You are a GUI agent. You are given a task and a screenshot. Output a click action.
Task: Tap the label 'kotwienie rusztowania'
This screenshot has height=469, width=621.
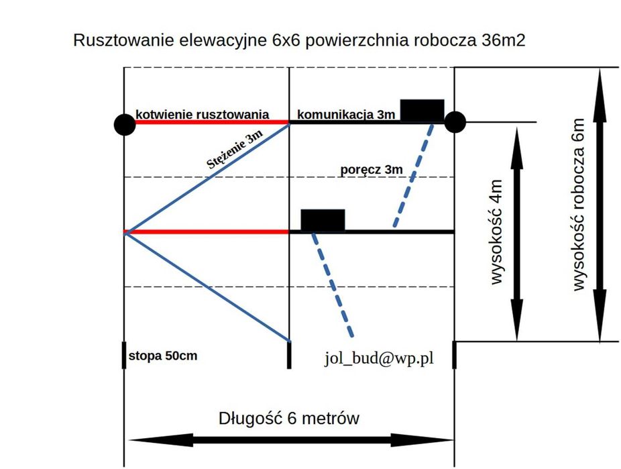[202, 115]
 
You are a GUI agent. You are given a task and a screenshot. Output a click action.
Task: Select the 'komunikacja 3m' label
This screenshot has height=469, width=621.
[346, 115]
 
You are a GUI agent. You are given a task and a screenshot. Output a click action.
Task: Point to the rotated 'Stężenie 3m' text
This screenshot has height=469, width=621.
[235, 149]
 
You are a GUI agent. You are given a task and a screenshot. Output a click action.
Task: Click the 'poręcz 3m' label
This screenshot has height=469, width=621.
[372, 170]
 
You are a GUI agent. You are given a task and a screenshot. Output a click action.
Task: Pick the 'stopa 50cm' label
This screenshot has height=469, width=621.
[163, 356]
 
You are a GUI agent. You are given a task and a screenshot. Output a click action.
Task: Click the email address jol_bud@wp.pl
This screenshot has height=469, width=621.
[379, 358]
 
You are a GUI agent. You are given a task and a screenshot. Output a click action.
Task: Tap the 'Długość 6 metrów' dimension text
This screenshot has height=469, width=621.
[289, 418]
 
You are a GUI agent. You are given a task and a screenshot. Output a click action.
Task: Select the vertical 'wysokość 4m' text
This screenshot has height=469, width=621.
[496, 232]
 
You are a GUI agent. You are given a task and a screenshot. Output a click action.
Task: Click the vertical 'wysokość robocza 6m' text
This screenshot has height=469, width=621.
[578, 205]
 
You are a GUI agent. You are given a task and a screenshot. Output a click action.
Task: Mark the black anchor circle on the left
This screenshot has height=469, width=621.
[125, 125]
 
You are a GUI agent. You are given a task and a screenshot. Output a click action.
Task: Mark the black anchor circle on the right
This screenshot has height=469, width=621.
[455, 122]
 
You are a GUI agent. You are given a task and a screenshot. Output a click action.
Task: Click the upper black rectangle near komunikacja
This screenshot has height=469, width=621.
[422, 111]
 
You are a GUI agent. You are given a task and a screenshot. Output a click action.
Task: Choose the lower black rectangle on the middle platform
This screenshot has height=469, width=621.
[323, 220]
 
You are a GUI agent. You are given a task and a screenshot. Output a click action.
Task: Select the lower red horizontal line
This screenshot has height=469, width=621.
[207, 231]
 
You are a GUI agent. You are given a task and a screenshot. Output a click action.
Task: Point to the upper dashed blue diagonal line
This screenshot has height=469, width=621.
[413, 176]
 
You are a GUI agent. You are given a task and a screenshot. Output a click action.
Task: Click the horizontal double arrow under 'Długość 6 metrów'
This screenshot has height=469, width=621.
[291, 440]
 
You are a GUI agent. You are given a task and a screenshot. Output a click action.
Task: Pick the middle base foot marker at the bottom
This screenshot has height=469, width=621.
[289, 355]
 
